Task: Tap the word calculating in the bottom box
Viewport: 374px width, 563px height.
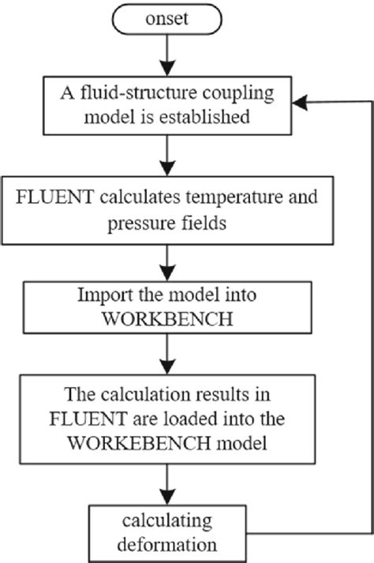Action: pos(168,520)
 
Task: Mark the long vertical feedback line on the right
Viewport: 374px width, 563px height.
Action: pos(369,316)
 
